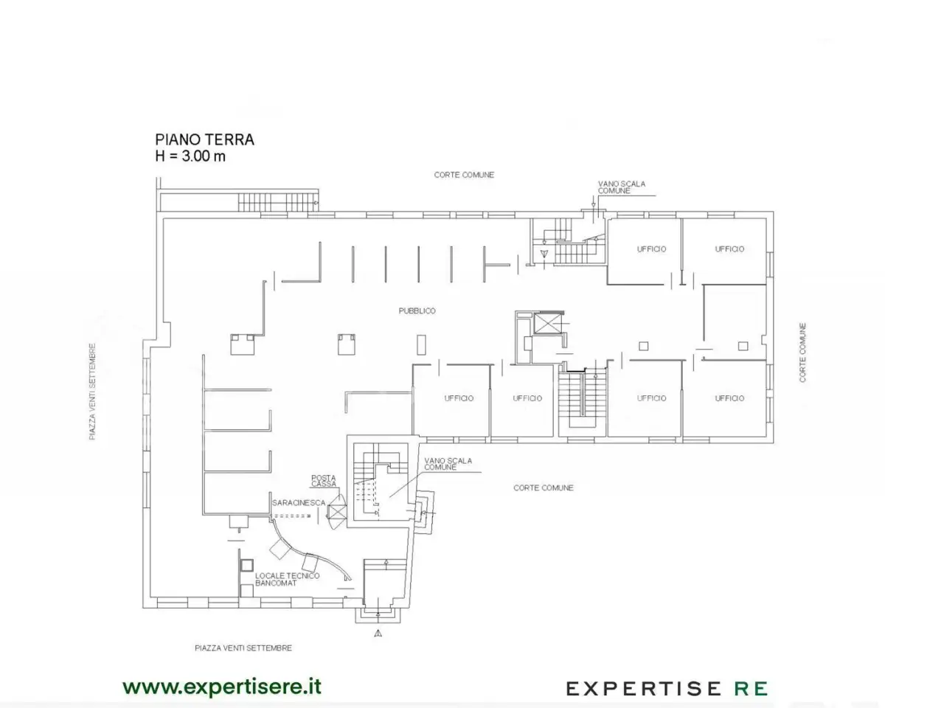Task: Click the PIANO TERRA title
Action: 205,139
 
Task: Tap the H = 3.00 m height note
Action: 190,156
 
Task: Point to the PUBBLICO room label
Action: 417,310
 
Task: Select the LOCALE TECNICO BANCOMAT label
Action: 288,580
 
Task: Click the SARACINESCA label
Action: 299,502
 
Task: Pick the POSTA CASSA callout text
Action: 324,481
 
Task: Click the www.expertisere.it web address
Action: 222,687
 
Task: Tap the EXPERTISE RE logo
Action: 667,689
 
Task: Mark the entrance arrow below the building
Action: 378,634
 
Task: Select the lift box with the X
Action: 547,323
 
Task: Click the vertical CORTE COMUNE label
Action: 802,353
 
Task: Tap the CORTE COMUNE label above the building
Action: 464,175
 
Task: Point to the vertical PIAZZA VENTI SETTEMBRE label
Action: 92,391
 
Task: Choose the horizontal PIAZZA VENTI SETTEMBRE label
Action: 243,648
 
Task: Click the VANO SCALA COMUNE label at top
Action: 622,187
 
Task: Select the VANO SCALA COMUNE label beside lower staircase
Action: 448,464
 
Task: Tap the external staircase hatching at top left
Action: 278,201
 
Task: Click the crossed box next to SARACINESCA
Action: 337,513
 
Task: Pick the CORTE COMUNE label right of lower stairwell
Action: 544,488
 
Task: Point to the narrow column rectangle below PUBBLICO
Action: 421,344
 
